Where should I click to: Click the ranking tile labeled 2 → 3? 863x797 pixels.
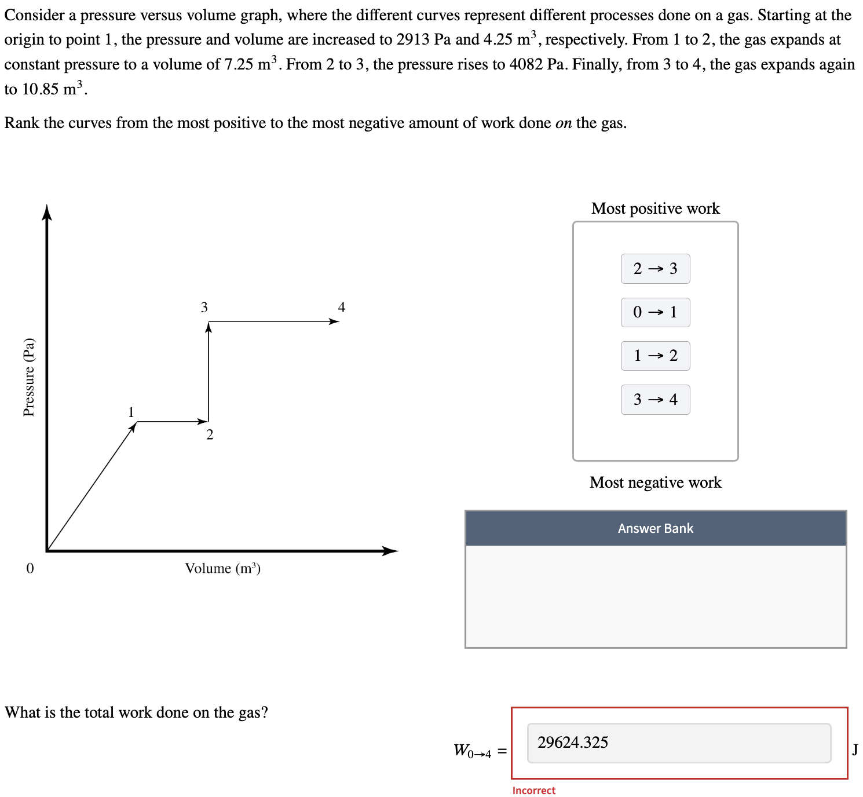[655, 269]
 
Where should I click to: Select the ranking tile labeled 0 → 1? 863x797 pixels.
[655, 312]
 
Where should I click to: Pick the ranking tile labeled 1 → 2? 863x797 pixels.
[655, 356]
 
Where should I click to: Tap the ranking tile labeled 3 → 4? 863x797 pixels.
[655, 400]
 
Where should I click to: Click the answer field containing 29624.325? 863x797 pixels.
[679, 743]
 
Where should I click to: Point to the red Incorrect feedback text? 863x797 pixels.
[533, 791]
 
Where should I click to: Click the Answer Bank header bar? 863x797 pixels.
[655, 528]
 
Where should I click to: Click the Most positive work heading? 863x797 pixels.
[655, 209]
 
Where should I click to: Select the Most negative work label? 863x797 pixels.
[655, 482]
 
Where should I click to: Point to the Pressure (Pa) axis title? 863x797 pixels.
[29, 377]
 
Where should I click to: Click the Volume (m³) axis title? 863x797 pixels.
[223, 568]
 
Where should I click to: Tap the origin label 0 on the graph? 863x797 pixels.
[30, 568]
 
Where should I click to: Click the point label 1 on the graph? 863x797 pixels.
[131, 412]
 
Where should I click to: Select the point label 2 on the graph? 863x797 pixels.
[210, 434]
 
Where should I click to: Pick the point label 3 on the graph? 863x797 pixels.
[204, 307]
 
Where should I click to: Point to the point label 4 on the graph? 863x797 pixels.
[342, 307]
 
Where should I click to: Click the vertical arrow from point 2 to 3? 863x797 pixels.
[209, 371]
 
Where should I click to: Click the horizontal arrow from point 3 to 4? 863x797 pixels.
[272, 321]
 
